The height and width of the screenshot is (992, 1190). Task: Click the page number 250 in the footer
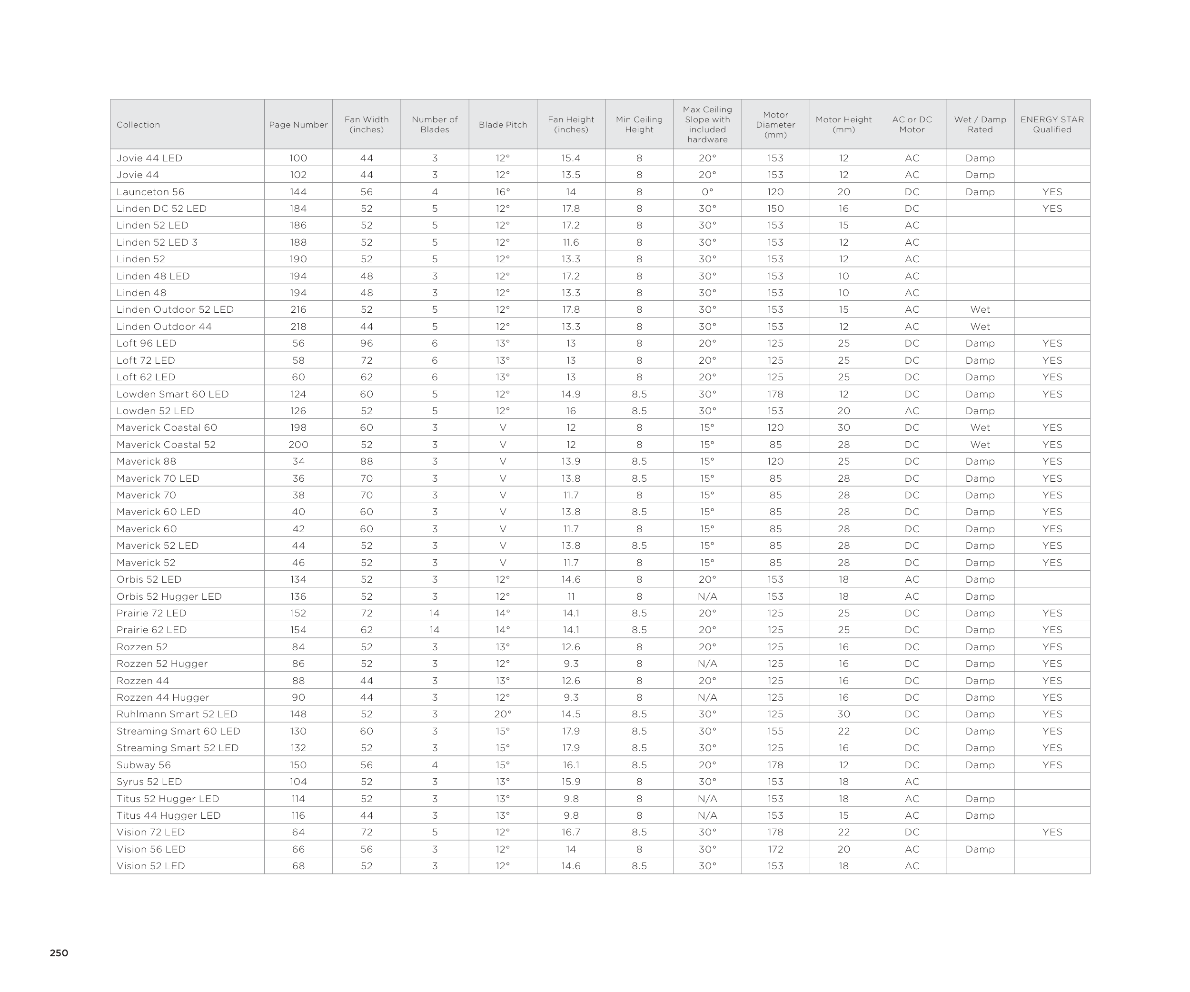tap(59, 953)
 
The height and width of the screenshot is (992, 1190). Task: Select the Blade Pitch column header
tap(503, 125)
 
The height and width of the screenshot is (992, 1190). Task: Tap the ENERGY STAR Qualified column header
tap(1052, 125)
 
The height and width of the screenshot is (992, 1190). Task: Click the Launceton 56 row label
tap(150, 192)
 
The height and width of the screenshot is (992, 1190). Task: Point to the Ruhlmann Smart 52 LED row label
tap(177, 714)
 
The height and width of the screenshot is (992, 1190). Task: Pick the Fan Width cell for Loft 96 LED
tap(367, 343)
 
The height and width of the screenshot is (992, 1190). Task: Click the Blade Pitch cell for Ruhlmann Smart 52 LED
tap(503, 714)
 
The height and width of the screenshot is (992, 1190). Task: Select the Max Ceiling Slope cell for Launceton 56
tap(707, 192)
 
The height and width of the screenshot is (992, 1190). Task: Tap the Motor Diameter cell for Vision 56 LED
tap(775, 849)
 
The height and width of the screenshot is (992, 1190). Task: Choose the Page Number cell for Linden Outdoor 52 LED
tap(298, 310)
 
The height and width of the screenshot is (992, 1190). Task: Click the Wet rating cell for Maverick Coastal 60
tap(980, 428)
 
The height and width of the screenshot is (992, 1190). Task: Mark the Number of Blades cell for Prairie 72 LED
tap(435, 613)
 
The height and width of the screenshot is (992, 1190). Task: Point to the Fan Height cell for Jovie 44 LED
tap(571, 158)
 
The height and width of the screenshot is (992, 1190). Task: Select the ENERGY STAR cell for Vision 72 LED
tap(1052, 832)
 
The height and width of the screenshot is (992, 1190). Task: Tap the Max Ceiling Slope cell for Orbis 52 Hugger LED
tap(707, 596)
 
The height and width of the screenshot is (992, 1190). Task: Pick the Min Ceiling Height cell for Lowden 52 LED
tap(639, 411)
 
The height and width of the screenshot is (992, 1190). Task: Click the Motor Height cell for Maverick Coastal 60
tap(843, 428)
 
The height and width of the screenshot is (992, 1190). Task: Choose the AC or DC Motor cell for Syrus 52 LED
tap(912, 782)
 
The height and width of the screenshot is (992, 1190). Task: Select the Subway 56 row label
tap(143, 765)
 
